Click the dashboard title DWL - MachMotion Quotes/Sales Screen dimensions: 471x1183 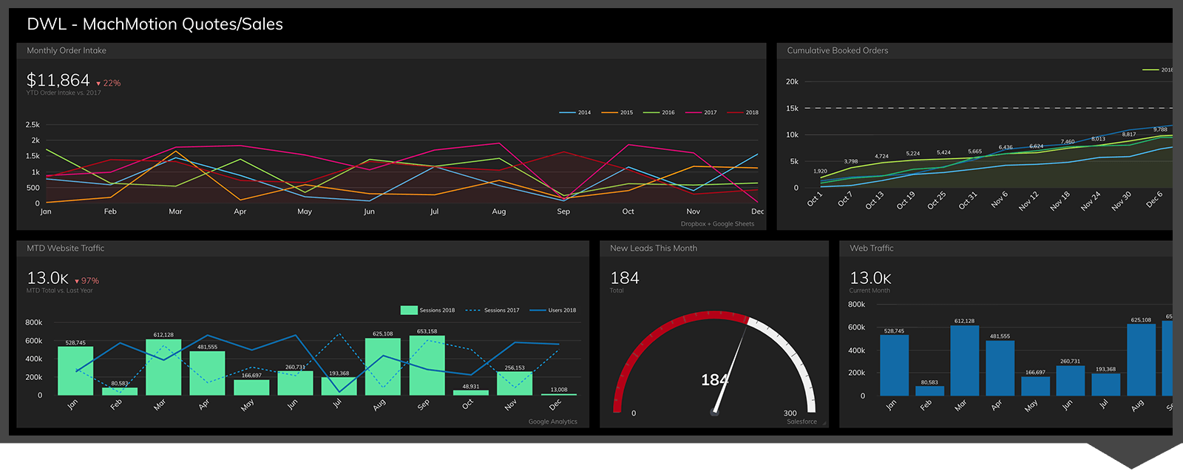tap(155, 24)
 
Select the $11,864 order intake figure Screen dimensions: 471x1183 tap(58, 80)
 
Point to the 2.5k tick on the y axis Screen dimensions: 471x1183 tap(33, 125)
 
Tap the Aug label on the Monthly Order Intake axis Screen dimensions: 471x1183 tap(499, 211)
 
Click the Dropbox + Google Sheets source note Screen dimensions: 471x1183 tap(717, 224)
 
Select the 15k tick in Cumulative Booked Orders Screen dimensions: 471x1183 tap(792, 109)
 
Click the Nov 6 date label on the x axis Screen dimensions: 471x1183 tap(999, 200)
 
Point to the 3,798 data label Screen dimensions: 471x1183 tap(851, 161)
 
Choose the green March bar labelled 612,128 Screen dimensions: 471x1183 tap(163, 367)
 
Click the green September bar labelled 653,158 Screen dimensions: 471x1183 tap(427, 365)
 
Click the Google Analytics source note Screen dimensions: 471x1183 tap(552, 421)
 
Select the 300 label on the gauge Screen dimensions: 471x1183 tap(790, 413)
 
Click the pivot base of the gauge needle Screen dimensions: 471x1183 tap(714, 412)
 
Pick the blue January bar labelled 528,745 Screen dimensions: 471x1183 tap(894, 365)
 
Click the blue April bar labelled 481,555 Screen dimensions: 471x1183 tap(1000, 368)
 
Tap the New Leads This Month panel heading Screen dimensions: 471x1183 tap(653, 248)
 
